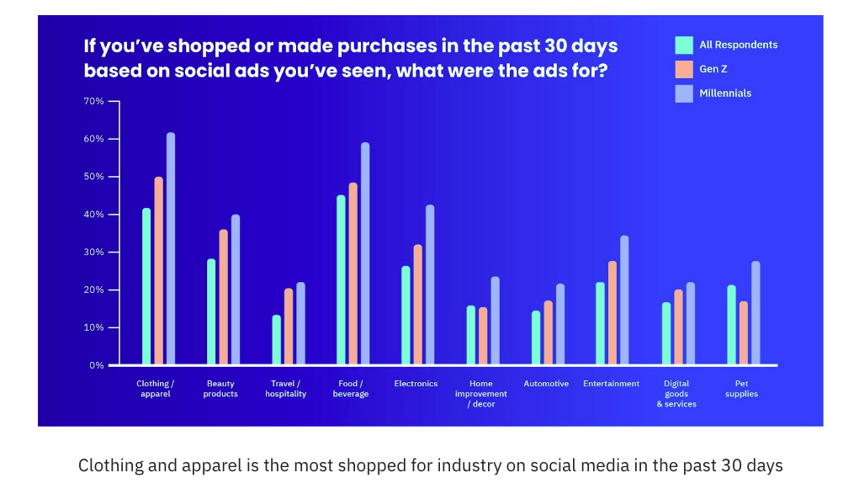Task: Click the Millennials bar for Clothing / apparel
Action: pos(171,249)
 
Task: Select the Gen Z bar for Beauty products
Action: pos(223,297)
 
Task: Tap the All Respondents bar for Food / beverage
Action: pos(341,280)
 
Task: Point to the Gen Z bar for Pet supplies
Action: pos(743,333)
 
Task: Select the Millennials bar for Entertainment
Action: pos(623,300)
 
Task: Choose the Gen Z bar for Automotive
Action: pos(548,333)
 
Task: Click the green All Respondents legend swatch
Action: pos(684,45)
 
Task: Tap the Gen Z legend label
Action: pos(713,69)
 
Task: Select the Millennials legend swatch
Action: pos(684,93)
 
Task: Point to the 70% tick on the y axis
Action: pos(114,101)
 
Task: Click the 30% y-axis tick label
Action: pos(93,252)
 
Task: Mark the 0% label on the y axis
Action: pos(96,365)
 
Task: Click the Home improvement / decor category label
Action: pos(481,393)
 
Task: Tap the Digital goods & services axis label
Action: pos(676,393)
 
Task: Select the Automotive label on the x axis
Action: pos(546,384)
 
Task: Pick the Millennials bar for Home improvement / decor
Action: pos(495,321)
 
